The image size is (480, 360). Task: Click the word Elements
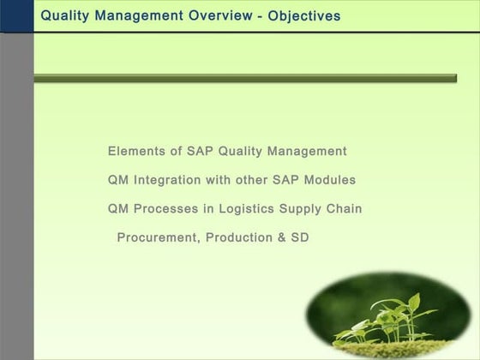click(x=135, y=152)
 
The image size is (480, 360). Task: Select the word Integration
click(x=167, y=181)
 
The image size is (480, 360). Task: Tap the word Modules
click(x=329, y=181)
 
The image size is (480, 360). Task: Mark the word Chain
click(x=345, y=209)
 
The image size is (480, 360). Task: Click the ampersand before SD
click(x=281, y=237)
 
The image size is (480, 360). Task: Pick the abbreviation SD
click(x=299, y=237)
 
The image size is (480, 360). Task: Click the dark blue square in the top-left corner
click(x=16, y=15)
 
